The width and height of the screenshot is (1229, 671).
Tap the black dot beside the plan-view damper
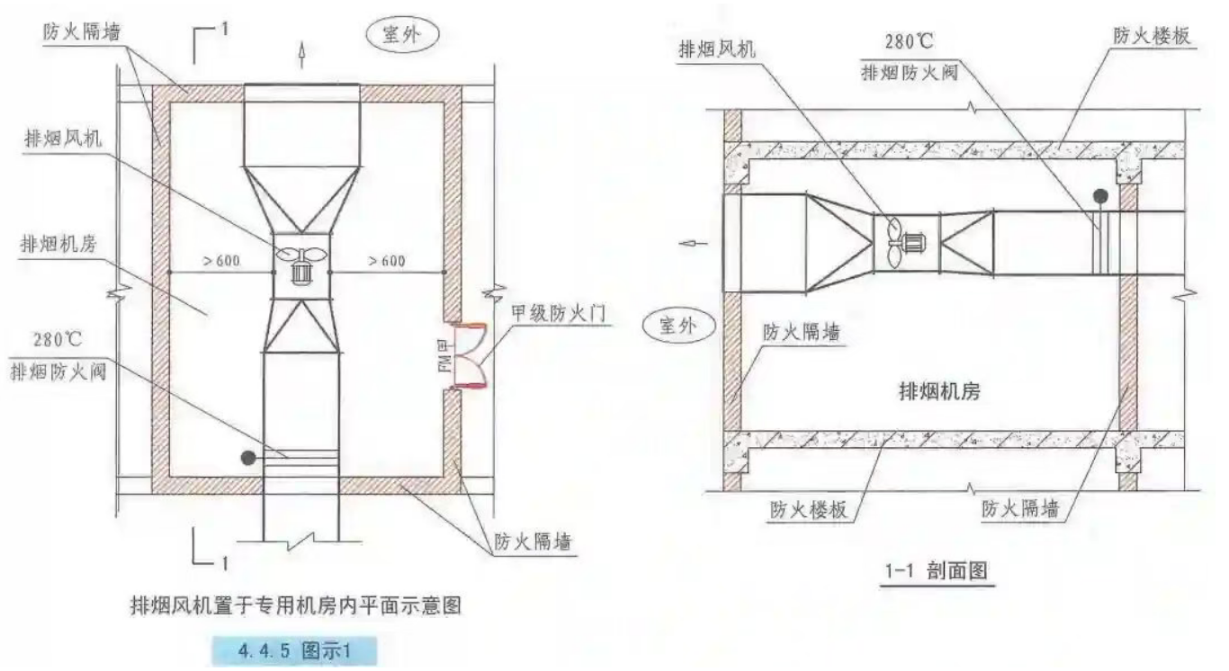(247, 458)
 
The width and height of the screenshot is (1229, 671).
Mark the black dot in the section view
(1099, 195)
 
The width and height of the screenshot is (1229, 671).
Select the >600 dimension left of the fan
(220, 261)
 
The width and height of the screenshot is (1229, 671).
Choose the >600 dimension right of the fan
(386, 261)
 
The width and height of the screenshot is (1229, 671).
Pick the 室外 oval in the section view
(679, 325)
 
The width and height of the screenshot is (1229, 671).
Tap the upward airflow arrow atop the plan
(301, 57)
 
